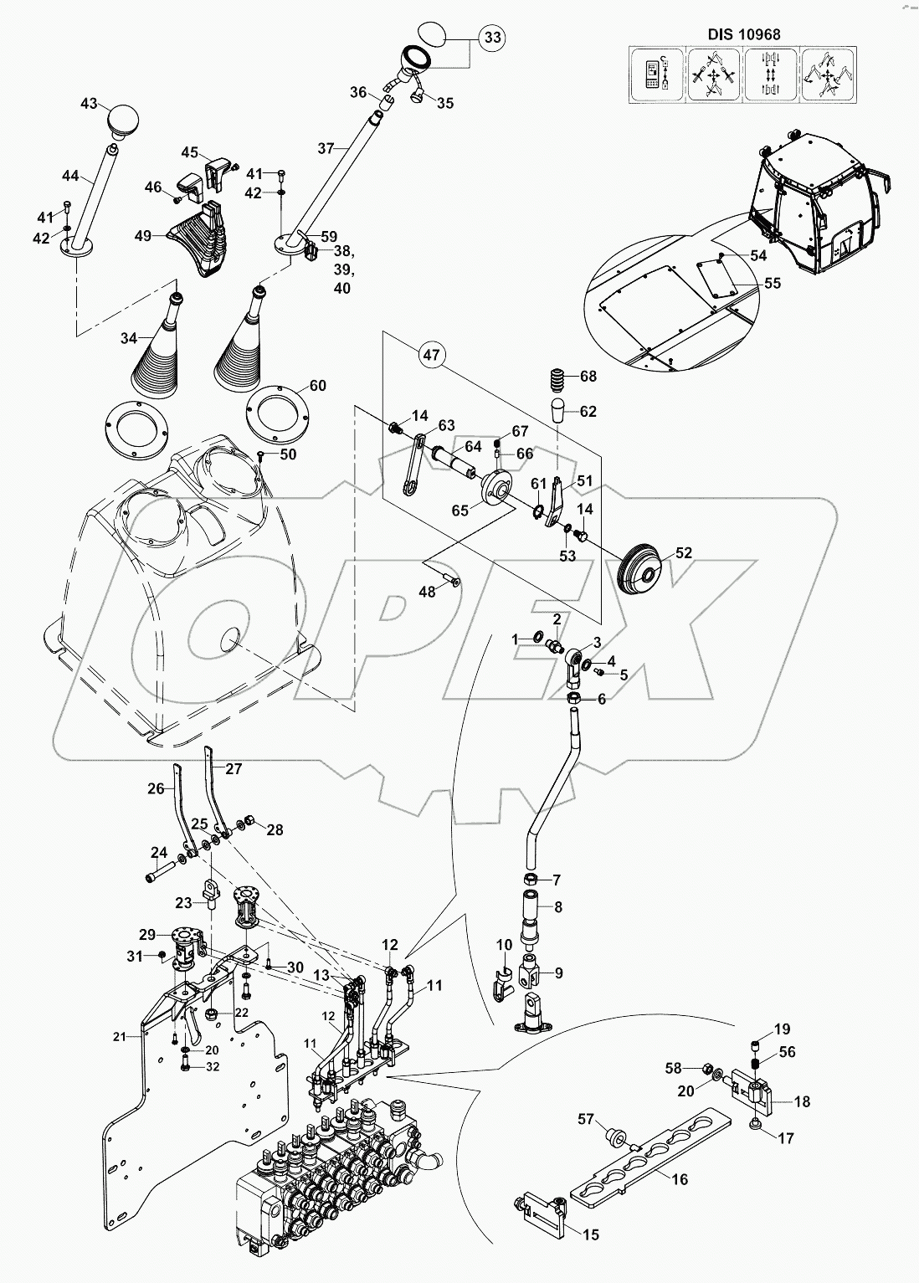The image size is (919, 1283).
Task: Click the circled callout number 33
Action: click(x=493, y=38)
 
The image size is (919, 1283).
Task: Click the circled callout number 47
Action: click(x=430, y=356)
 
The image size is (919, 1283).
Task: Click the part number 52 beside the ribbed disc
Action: click(x=684, y=553)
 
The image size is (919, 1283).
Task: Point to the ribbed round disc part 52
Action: click(x=641, y=568)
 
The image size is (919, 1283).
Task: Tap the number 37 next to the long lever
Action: click(x=326, y=148)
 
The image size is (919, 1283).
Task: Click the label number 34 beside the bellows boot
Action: click(x=128, y=339)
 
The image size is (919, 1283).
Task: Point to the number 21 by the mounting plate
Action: click(x=120, y=1036)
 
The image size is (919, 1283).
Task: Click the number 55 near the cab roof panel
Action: click(x=772, y=283)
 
